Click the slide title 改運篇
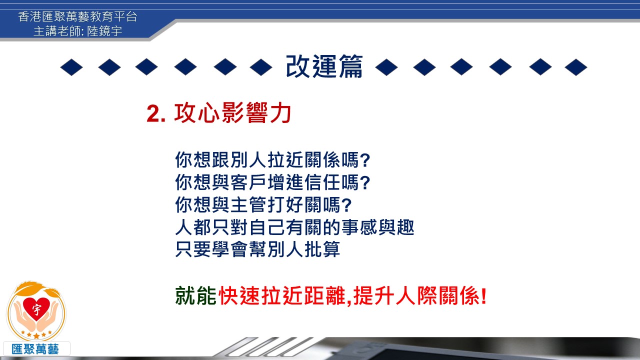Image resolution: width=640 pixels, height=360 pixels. (x=324, y=66)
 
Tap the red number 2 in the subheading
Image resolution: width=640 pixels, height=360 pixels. (x=153, y=113)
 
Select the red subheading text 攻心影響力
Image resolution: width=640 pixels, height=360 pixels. (x=232, y=112)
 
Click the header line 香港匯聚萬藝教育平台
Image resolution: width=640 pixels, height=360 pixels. (x=77, y=16)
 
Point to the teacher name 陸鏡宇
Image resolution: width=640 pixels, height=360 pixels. (x=104, y=31)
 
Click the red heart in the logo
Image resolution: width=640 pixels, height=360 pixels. (x=36, y=308)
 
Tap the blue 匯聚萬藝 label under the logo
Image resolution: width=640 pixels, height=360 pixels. (x=35, y=349)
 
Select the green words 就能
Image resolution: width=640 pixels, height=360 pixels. (x=195, y=295)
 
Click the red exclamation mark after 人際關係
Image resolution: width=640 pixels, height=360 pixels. (x=483, y=295)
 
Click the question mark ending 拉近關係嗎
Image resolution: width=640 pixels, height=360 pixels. (x=365, y=160)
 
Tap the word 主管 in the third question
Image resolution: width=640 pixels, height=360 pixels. (x=249, y=204)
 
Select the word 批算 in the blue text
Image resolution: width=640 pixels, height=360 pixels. (x=322, y=249)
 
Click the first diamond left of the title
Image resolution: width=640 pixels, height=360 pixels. (x=71, y=67)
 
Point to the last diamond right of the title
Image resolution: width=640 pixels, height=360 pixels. (x=576, y=67)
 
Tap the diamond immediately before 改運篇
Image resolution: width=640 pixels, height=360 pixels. (x=261, y=67)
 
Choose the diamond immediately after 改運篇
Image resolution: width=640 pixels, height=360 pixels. (x=386, y=67)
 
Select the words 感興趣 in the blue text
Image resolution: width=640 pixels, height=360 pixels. (x=387, y=227)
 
